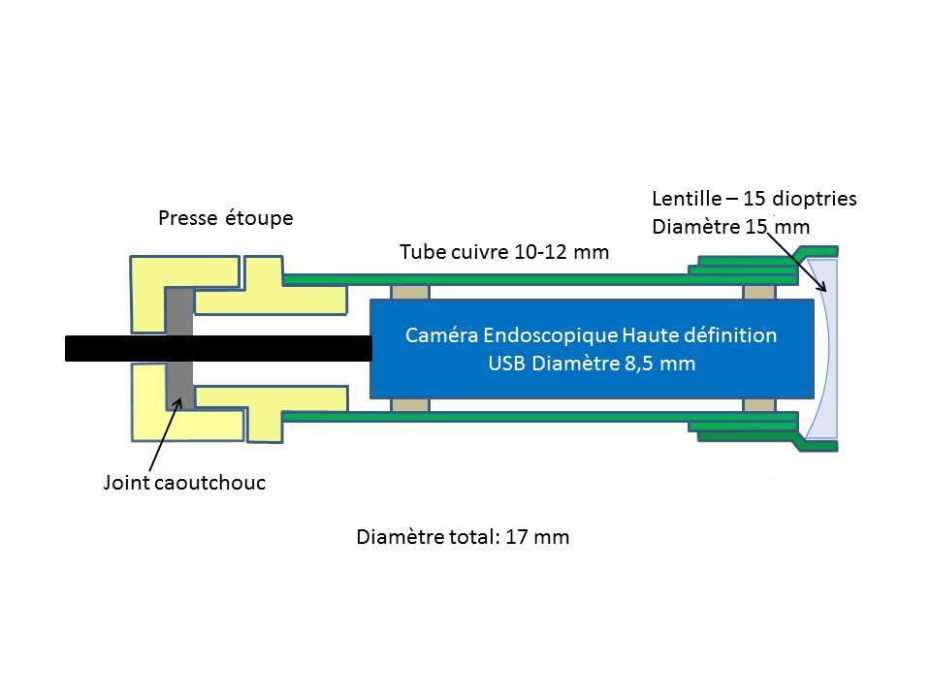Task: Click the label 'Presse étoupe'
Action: click(225, 219)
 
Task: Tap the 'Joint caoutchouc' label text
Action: click(184, 482)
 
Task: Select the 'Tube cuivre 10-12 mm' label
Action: click(504, 252)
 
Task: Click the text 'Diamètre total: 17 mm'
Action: click(463, 536)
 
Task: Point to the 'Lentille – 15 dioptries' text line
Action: click(754, 199)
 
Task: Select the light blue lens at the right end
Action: click(822, 349)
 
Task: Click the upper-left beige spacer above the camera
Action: click(406, 292)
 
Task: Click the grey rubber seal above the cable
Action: click(179, 310)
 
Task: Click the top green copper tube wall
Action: click(485, 278)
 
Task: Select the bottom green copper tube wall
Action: click(485, 418)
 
